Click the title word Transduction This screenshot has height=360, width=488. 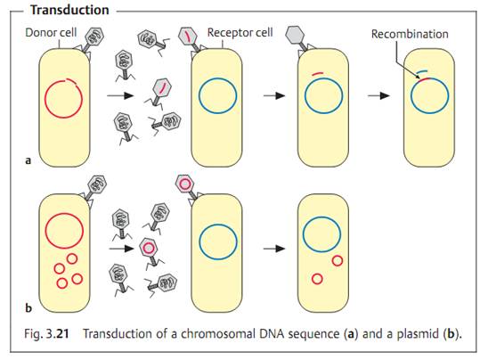pos(69,10)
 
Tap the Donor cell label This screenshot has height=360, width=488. pos(51,32)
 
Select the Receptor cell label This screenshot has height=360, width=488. pos(240,32)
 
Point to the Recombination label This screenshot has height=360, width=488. pos(410,34)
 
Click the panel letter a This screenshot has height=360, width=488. pos(28,160)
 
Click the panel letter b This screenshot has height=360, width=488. pos(28,308)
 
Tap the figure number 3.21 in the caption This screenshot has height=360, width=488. pos(57,333)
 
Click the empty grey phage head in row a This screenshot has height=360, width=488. pos(295,35)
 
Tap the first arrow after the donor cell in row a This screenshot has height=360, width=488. pos(120,95)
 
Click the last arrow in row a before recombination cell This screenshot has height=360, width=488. pos(378,95)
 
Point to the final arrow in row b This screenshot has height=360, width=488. pos(274,249)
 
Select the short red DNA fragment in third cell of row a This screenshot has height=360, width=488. pos(318,73)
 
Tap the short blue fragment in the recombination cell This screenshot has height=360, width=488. pos(422,71)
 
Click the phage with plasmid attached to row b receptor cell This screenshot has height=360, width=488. pos(186,186)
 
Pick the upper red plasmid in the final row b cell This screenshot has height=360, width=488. pos(338,260)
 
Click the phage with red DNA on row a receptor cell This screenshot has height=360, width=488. pos(188,38)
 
